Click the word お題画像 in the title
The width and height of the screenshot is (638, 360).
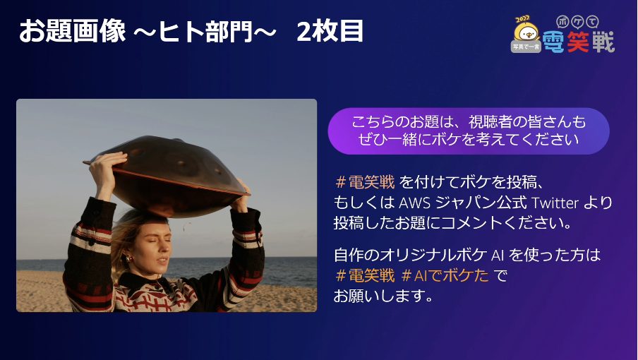pyautogui.click(x=73, y=31)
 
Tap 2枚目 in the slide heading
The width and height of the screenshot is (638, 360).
pyautogui.click(x=330, y=31)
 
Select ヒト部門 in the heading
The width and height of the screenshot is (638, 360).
pyautogui.click(x=205, y=31)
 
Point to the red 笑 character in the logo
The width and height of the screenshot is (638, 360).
pyautogui.click(x=578, y=42)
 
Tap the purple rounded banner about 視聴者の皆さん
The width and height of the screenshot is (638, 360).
pyautogui.click(x=469, y=131)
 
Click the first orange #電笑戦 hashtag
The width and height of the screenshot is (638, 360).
pyautogui.click(x=365, y=182)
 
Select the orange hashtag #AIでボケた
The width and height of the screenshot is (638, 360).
pyautogui.click(x=445, y=275)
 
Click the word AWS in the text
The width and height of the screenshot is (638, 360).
pyautogui.click(x=414, y=203)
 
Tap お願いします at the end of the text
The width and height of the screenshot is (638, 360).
pyautogui.click(x=383, y=296)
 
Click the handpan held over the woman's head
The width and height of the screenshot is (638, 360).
pyautogui.click(x=167, y=175)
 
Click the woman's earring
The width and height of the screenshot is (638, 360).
pyautogui.click(x=128, y=259)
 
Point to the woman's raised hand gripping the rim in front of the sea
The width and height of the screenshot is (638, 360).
pyautogui.click(x=240, y=196)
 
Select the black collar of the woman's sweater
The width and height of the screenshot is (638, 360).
pyautogui.click(x=143, y=283)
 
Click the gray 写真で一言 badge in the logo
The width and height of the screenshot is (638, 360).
pyautogui.click(x=526, y=47)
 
